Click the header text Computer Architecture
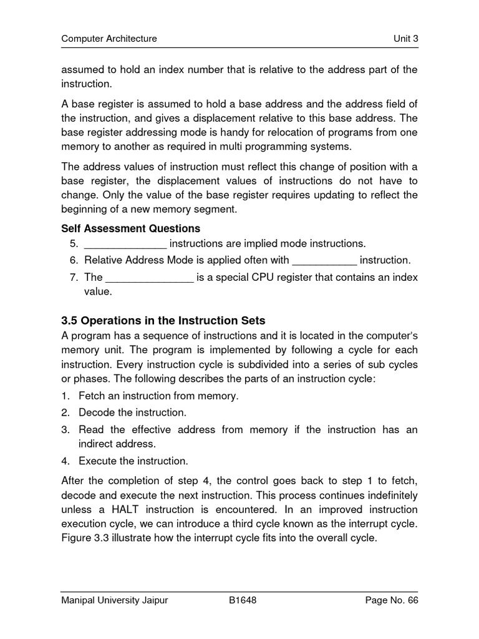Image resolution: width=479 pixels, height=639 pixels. pyautogui.click(x=109, y=39)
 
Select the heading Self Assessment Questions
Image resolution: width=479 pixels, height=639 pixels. pyautogui.click(x=130, y=228)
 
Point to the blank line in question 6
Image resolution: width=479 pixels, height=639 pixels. pyautogui.click(x=324, y=260)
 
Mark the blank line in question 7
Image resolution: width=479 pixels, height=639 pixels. pyautogui.click(x=149, y=277)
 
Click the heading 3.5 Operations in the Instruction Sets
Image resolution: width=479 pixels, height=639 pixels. pyautogui.click(x=163, y=321)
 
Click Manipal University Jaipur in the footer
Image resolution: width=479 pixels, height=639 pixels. pyautogui.click(x=115, y=600)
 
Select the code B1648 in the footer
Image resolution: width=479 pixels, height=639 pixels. pyautogui.click(x=243, y=600)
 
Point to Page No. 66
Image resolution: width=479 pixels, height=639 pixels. pyautogui.click(x=392, y=600)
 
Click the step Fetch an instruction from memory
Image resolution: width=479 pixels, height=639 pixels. pyautogui.click(x=158, y=396)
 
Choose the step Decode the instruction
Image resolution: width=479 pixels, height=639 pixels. pyautogui.click(x=132, y=412)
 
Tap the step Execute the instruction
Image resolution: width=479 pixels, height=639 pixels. pyautogui.click(x=133, y=461)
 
